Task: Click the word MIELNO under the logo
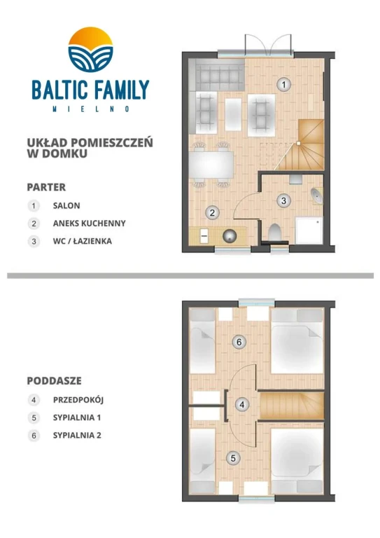(90, 109)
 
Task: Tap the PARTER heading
(46, 187)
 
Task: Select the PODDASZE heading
(54, 381)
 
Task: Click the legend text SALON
(66, 206)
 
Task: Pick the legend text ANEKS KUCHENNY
(89, 223)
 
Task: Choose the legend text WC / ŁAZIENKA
(82, 241)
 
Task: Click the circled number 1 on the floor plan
(283, 85)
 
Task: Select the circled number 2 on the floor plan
(211, 212)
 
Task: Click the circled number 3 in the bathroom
(283, 201)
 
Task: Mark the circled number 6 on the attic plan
(239, 343)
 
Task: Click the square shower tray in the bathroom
(309, 230)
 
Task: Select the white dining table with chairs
(212, 165)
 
